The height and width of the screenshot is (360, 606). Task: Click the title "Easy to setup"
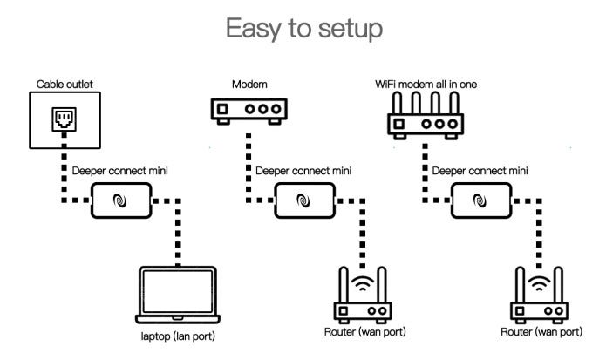click(x=303, y=30)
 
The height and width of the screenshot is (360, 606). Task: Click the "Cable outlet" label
click(x=65, y=84)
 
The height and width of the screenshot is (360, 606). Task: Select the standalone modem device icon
click(x=249, y=111)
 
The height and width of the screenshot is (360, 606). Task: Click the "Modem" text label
click(x=249, y=84)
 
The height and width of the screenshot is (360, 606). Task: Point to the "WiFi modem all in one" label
click(x=426, y=84)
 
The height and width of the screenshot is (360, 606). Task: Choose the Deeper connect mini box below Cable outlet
click(x=121, y=201)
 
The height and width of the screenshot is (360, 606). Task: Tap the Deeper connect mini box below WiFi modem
click(x=480, y=201)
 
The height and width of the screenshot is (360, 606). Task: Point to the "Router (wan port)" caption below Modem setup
click(x=365, y=332)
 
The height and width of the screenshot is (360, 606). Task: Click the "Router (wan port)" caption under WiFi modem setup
click(x=541, y=332)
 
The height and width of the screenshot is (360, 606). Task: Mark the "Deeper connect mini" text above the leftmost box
click(x=122, y=172)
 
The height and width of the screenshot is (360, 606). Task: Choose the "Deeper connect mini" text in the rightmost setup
click(x=480, y=172)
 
